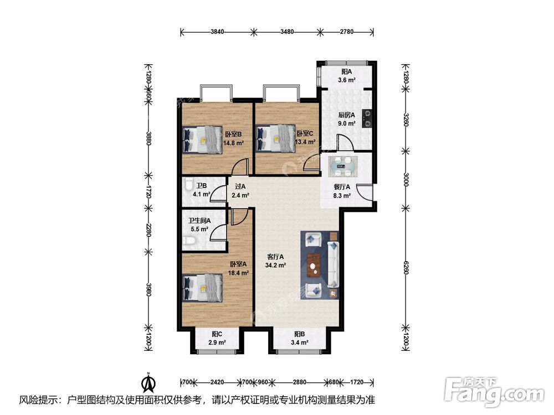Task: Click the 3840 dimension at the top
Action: (217, 32)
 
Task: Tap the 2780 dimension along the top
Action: (347, 32)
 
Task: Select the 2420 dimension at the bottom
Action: (217, 382)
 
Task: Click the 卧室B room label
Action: (233, 134)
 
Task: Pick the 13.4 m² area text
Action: (305, 142)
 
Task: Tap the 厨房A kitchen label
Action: (347, 115)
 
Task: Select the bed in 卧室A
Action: (202, 288)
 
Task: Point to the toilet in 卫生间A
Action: (189, 241)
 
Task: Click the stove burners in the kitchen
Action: (368, 118)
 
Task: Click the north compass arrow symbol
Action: (149, 382)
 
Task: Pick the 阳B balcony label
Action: (300, 334)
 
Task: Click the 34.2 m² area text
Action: (275, 266)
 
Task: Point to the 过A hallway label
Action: (240, 186)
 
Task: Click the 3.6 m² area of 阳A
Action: (347, 80)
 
